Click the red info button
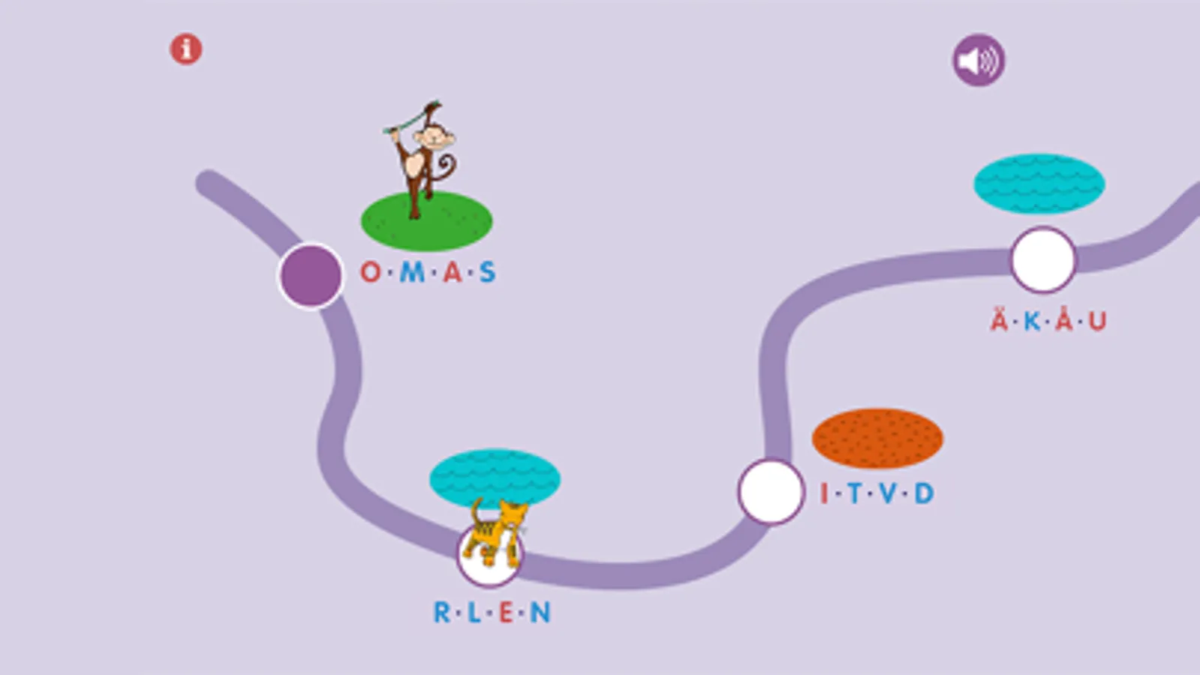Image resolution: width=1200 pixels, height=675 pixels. pyautogui.click(x=186, y=49)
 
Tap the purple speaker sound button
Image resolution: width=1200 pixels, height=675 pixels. pyautogui.click(x=978, y=60)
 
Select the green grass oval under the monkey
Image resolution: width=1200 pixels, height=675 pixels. pyautogui.click(x=426, y=221)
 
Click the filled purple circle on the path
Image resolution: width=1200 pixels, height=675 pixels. pyautogui.click(x=311, y=275)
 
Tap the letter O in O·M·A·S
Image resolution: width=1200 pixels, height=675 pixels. pyautogui.click(x=371, y=272)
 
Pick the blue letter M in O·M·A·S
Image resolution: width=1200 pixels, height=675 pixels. pyautogui.click(x=412, y=272)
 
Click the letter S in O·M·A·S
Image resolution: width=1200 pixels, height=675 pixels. pyautogui.click(x=488, y=272)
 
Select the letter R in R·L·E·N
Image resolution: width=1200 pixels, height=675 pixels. pyautogui.click(x=442, y=612)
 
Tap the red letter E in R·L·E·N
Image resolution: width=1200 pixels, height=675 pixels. pyautogui.click(x=507, y=612)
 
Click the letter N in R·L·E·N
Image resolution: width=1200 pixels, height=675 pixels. pyautogui.click(x=540, y=612)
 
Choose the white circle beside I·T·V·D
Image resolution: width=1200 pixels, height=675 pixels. pyautogui.click(x=771, y=491)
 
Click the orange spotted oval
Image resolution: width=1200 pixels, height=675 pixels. pyautogui.click(x=877, y=439)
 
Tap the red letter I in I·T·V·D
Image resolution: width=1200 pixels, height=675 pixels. pyautogui.click(x=825, y=493)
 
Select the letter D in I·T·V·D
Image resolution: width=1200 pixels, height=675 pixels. pyautogui.click(x=924, y=493)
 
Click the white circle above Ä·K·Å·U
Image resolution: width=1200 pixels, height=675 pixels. pyautogui.click(x=1043, y=260)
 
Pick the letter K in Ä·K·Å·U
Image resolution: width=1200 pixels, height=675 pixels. pyautogui.click(x=1032, y=321)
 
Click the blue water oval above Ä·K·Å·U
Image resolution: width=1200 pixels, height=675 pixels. pyautogui.click(x=1039, y=184)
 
